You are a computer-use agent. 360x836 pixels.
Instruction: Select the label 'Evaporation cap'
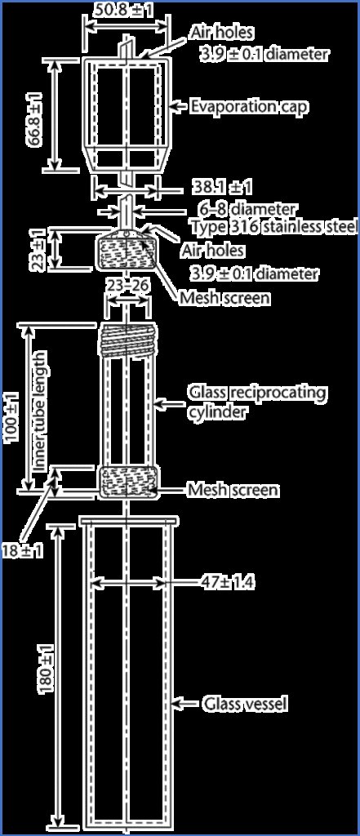(x=248, y=106)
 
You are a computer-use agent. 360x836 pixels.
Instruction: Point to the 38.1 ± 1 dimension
(x=222, y=188)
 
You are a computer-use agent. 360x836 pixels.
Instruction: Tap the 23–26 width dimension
(x=127, y=287)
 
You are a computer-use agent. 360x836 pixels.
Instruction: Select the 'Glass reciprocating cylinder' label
(x=256, y=402)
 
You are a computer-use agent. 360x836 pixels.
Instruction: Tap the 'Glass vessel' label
(x=246, y=705)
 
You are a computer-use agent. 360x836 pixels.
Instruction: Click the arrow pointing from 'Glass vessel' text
(x=187, y=705)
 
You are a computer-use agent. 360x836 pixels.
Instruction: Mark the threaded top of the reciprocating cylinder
(x=128, y=340)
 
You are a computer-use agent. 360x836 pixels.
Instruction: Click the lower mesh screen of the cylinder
(x=128, y=482)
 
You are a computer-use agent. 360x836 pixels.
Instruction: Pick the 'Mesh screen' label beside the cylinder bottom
(x=233, y=490)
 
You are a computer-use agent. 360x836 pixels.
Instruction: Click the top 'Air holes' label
(x=220, y=33)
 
